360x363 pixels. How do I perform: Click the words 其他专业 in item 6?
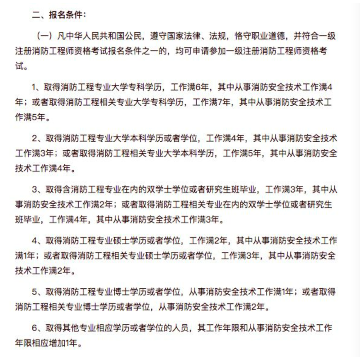77,328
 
